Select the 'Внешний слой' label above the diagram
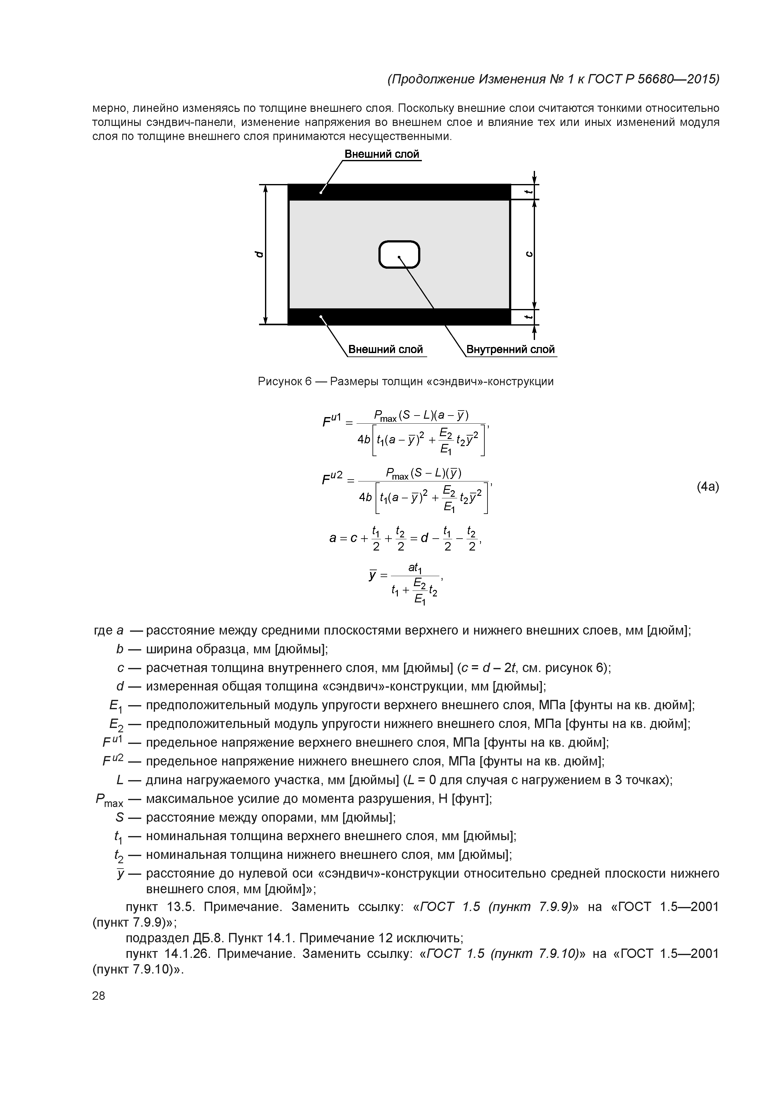[382, 154]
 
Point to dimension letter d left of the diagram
[258, 254]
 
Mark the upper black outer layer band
[399, 192]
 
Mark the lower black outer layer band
[399, 316]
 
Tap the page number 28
[98, 996]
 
